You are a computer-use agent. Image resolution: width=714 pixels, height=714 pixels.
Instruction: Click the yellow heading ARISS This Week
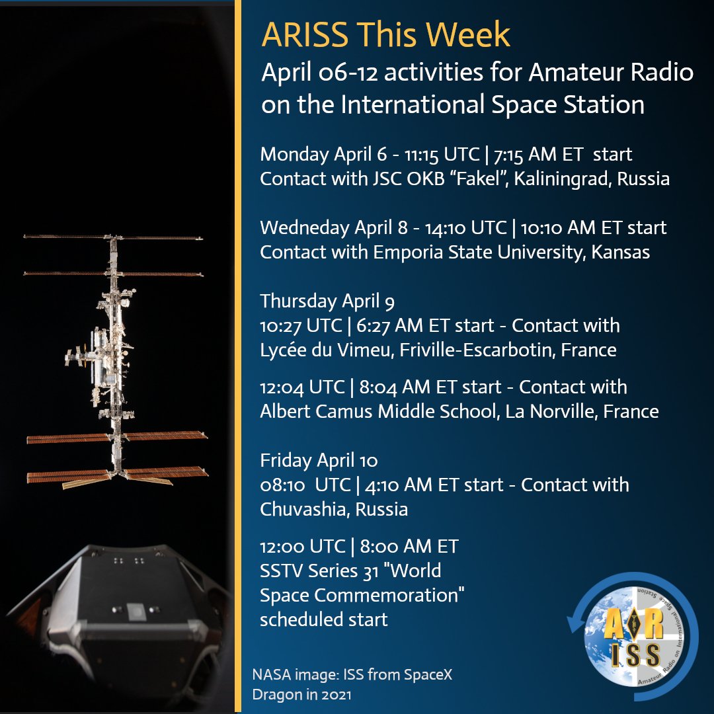385,35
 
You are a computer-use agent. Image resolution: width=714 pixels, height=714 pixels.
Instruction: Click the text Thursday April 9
327,301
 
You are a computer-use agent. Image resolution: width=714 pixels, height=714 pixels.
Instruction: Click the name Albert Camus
317,411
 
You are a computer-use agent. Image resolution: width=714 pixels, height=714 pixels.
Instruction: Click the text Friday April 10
319,459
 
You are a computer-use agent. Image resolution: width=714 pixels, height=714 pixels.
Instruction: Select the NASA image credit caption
352,685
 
